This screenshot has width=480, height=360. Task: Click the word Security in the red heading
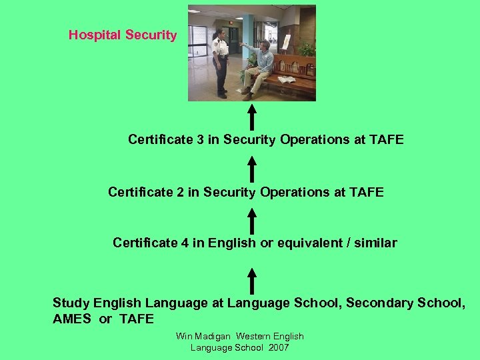151,35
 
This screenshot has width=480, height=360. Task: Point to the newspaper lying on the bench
287,79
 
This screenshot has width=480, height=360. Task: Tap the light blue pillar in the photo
248,40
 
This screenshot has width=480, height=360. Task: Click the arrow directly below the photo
252,117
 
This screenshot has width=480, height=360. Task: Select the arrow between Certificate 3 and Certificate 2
252,168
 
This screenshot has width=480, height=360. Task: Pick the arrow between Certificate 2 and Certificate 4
252,220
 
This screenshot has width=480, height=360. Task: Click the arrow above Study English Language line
252,279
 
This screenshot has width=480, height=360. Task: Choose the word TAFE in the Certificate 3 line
388,140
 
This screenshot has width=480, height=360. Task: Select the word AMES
71,319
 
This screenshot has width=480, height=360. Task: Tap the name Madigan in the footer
211,337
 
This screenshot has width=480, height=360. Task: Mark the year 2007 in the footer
277,348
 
